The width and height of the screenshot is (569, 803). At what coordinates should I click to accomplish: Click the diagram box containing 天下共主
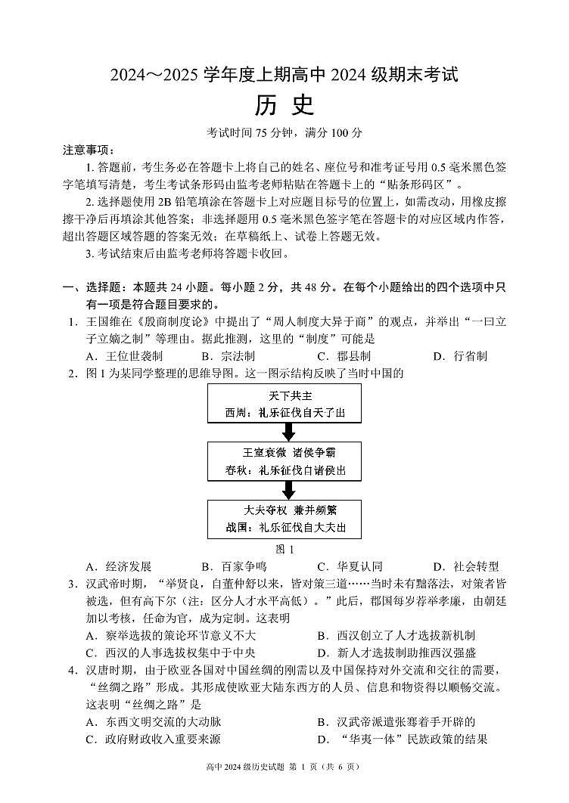point(284,404)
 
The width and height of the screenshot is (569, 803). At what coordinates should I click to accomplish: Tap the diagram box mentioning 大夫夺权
point(284,519)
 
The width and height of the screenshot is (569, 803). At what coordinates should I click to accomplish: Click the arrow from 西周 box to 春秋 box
point(288,432)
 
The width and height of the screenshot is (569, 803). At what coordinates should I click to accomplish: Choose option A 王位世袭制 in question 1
point(124,356)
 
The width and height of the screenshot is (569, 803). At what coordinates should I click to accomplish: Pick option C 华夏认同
point(350,566)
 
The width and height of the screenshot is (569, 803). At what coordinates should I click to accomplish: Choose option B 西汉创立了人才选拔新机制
point(396,635)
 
